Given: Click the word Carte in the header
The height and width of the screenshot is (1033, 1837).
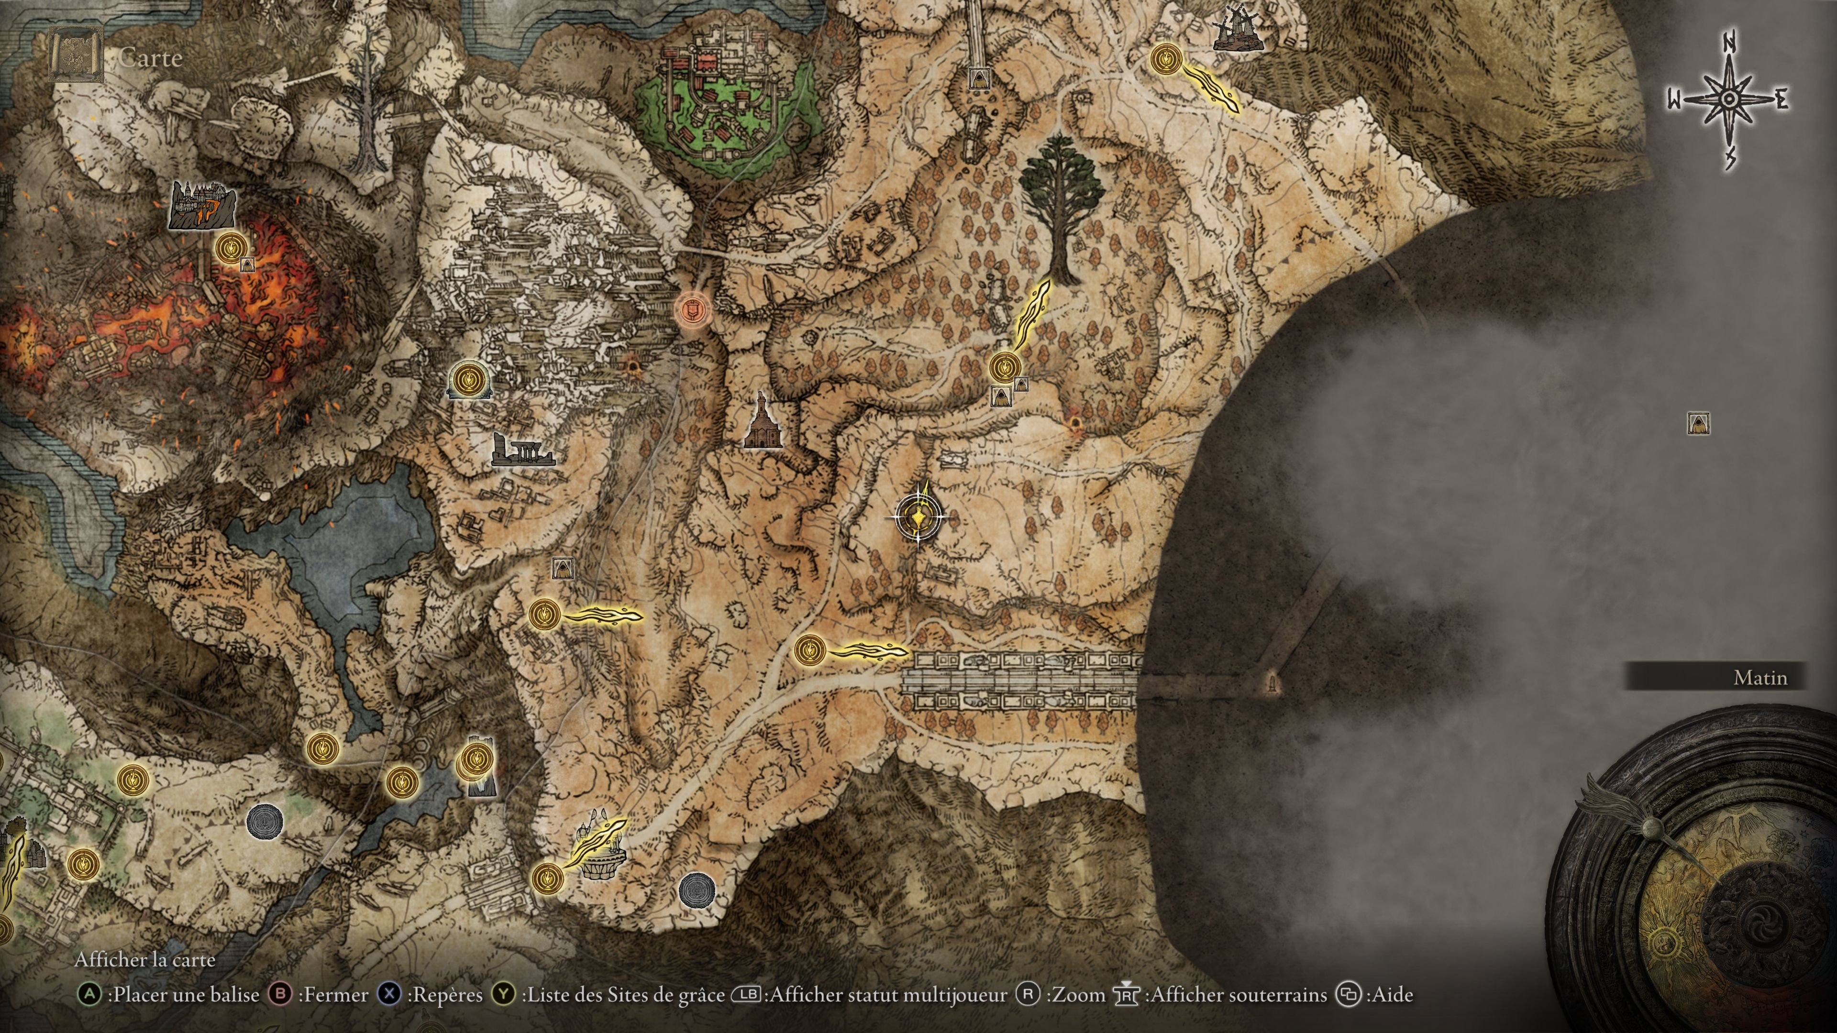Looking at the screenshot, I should point(151,58).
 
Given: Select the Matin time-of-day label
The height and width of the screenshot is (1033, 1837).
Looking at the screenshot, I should point(1760,677).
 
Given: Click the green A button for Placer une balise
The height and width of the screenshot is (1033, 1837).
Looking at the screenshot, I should point(89,995).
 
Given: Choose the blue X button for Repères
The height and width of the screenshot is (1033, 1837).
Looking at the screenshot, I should point(388,995).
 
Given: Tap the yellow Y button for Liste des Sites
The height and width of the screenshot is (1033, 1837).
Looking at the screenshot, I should point(504,995).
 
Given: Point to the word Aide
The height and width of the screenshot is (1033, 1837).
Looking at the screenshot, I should point(1391,995).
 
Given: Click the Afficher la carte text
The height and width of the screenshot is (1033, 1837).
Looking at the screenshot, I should point(145,959).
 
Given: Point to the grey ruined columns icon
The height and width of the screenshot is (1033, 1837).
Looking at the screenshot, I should point(522,451).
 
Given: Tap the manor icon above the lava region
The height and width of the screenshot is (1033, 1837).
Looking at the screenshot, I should point(202,205).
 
